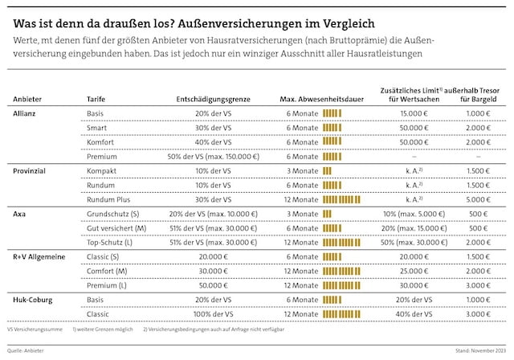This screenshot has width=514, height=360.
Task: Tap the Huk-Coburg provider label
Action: point(33,299)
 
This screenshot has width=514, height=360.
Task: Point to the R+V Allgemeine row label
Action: point(39,256)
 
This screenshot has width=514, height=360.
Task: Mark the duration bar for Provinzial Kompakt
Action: point(327,171)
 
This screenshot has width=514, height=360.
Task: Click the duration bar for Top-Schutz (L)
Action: point(341,242)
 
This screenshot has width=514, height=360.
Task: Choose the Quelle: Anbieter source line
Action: point(27,351)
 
